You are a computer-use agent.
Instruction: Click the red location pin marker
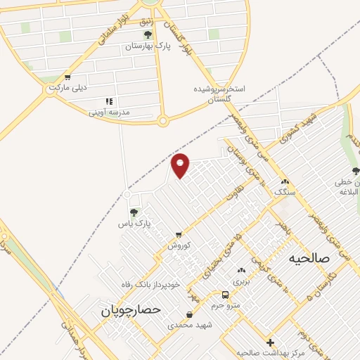pyautogui.click(x=181, y=165)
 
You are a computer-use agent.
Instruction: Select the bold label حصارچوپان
pyautogui.click(x=131, y=309)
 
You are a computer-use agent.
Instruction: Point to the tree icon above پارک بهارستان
pyautogui.click(x=147, y=34)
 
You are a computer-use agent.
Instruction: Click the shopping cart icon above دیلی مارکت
pyautogui.click(x=67, y=77)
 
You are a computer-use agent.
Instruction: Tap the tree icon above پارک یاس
pyautogui.click(x=134, y=212)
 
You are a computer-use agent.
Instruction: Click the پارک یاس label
pyautogui.click(x=134, y=224)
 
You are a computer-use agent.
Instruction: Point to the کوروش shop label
pyautogui.click(x=179, y=245)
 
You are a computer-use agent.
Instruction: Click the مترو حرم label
pyautogui.click(x=226, y=304)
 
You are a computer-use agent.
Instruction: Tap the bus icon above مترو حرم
pyautogui.click(x=225, y=295)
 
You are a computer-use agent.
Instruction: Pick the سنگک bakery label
pyautogui.click(x=285, y=191)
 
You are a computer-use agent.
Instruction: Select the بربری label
pyautogui.click(x=241, y=280)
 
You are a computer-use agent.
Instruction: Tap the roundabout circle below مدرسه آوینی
pyautogui.click(x=162, y=121)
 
